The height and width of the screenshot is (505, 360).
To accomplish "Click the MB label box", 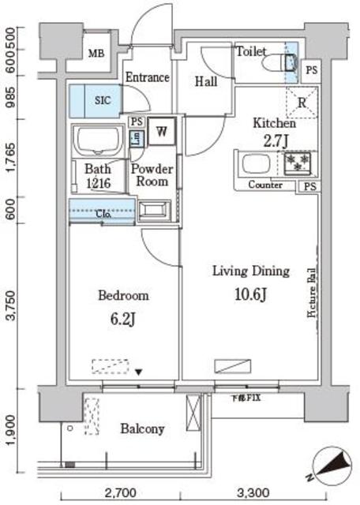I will [96, 55].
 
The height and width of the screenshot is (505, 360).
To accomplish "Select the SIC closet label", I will [103, 100].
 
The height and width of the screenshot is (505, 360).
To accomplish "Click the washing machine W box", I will [162, 131].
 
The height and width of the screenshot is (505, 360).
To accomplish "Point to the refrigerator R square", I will [302, 102].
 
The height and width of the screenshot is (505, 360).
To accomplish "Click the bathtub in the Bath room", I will [99, 143].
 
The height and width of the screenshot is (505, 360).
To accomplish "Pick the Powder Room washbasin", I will [154, 210].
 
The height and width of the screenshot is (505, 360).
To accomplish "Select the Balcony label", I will [142, 429].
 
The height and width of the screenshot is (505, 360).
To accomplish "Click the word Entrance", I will [148, 77].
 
